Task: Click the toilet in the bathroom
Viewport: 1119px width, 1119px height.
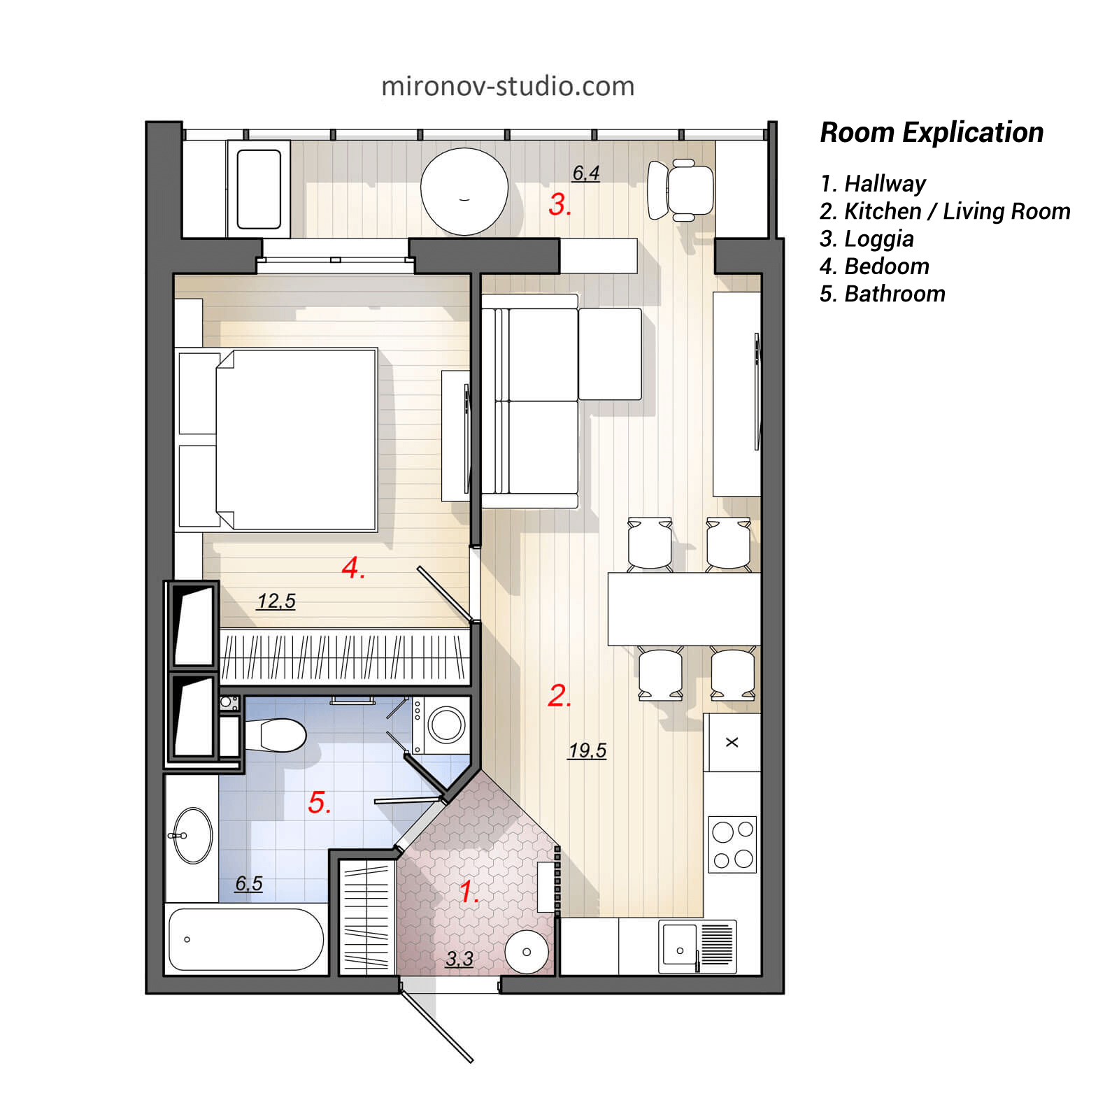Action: pos(280,735)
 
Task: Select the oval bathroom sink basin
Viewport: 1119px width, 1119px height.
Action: pos(193,836)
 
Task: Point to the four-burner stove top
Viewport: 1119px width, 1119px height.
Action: pos(732,844)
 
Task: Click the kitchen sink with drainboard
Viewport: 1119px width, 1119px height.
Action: pos(697,946)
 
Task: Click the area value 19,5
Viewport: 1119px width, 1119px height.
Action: pos(587,750)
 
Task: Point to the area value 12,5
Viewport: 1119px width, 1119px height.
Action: pos(276,601)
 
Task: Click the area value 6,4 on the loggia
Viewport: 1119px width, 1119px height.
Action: pos(585,173)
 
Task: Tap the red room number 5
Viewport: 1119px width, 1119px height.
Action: pos(318,802)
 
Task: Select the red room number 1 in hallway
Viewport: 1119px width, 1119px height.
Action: pos(468,892)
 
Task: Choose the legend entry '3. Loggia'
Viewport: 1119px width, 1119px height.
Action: pos(867,239)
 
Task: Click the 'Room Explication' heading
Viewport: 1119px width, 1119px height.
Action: pos(931,132)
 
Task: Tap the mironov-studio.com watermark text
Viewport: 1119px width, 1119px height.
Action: pos(508,86)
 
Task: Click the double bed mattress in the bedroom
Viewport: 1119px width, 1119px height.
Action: pos(297,439)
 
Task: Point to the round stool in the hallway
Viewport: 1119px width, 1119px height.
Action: pos(527,951)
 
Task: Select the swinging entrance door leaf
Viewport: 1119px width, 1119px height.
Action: pos(437,1025)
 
